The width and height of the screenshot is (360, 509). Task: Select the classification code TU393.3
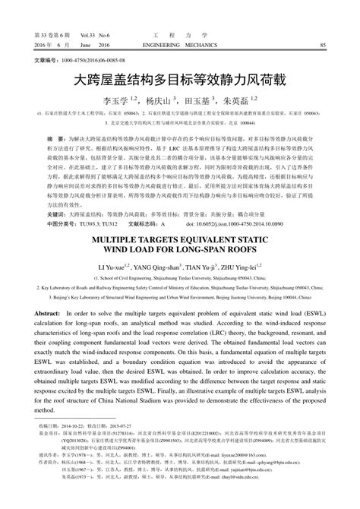click(90, 225)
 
